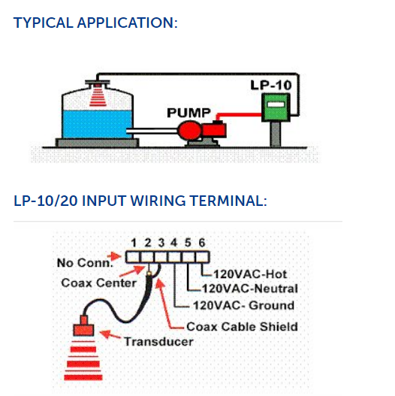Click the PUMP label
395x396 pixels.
pyautogui.click(x=188, y=113)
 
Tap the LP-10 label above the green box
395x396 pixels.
pyautogui.click(x=271, y=85)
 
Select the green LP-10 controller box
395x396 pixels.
pyautogui.click(x=276, y=107)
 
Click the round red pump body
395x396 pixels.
pyautogui.click(x=189, y=130)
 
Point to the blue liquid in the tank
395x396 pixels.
pyautogui.click(x=97, y=124)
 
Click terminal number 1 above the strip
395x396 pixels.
pyautogui.click(x=134, y=243)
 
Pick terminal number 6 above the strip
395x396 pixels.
pyautogui.click(x=202, y=243)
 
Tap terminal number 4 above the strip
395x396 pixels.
pyautogui.click(x=174, y=243)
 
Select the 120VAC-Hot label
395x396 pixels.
pyautogui.click(x=250, y=274)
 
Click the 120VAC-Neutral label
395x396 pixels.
pyautogui.click(x=250, y=289)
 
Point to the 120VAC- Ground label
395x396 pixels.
pyautogui.click(x=243, y=305)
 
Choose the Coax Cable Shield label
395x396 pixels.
pyautogui.click(x=242, y=327)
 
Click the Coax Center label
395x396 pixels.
pyautogui.click(x=98, y=283)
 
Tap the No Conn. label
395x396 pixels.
pyautogui.click(x=85, y=263)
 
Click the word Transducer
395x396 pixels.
pyautogui.click(x=158, y=341)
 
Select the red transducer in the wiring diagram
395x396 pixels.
pyautogui.click(x=83, y=326)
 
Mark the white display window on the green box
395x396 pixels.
pyautogui.click(x=276, y=104)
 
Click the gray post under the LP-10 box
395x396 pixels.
pyautogui.click(x=275, y=135)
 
